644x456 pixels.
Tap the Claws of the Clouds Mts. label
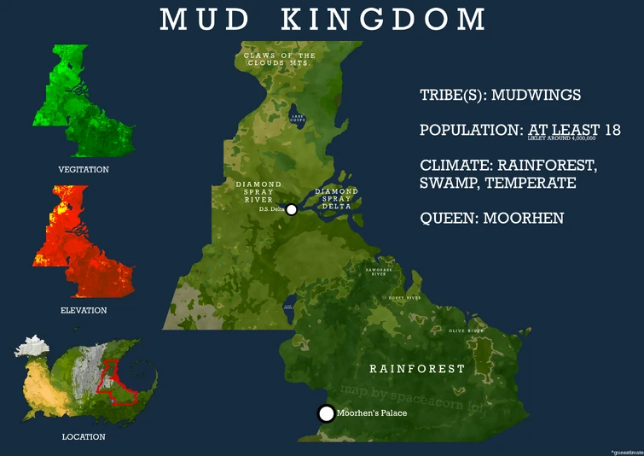[280, 60]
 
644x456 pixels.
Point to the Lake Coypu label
[297, 119]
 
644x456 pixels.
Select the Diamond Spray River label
[258, 193]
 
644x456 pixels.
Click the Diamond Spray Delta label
[336, 198]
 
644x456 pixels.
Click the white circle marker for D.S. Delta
[291, 210]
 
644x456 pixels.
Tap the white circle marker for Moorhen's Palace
[326, 414]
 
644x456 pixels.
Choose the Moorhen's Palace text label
[371, 414]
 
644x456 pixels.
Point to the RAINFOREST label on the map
[417, 369]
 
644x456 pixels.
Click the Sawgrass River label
[380, 272]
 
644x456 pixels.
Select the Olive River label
[466, 330]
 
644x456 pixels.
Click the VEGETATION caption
[84, 170]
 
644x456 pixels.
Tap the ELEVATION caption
[84, 311]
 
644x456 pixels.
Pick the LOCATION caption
[84, 437]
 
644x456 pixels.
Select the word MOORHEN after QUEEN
[523, 218]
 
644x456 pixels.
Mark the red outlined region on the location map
[118, 382]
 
